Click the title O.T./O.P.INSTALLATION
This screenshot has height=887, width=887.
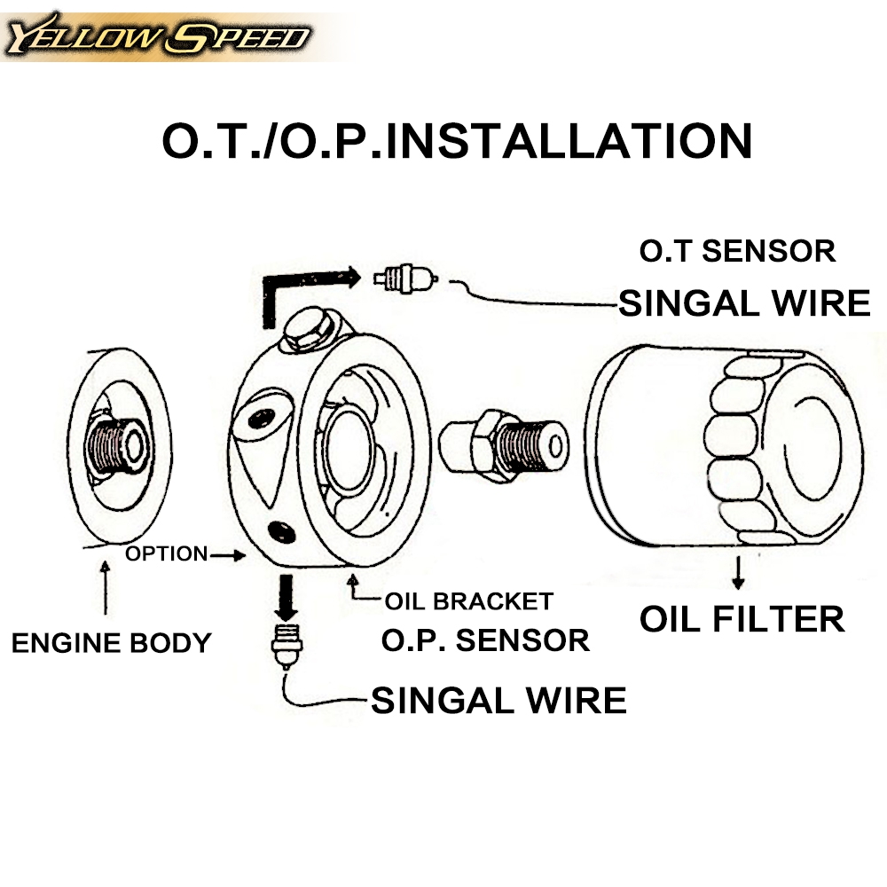(x=457, y=140)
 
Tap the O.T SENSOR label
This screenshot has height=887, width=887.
(x=737, y=251)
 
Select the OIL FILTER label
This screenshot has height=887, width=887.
(x=742, y=618)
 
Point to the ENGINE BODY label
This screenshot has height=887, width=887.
(x=111, y=642)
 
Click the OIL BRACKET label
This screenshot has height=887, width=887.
(x=468, y=600)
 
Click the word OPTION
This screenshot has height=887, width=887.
(x=166, y=554)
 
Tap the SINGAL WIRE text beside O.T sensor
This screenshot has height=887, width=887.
(x=744, y=303)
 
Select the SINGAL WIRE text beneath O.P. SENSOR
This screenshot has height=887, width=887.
(x=498, y=701)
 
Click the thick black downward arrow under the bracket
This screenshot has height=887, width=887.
(x=286, y=597)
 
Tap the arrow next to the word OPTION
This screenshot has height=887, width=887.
(x=228, y=556)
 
